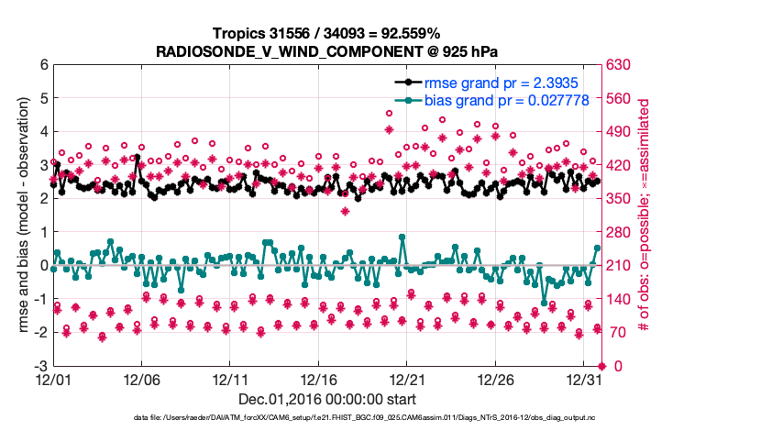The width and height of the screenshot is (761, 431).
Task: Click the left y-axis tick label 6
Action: point(43,65)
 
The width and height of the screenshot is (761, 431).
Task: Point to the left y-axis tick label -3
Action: point(41,366)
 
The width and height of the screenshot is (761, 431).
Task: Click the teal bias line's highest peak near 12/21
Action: point(403,237)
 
